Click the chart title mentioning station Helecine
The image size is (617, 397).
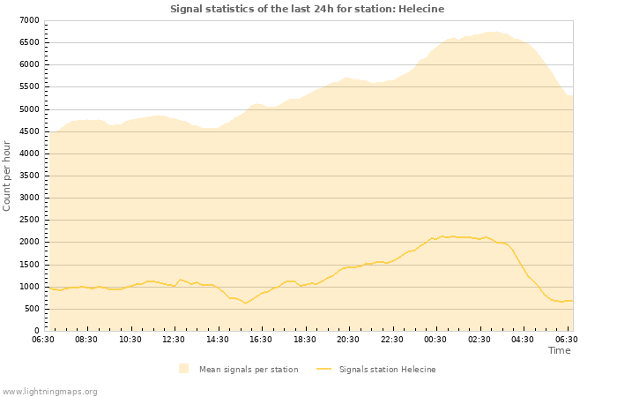click(307, 9)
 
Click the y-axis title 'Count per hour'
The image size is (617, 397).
click(8, 175)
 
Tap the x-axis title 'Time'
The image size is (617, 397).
click(559, 350)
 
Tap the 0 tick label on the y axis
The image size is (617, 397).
click(36, 331)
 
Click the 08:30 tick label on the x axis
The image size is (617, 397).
click(86, 339)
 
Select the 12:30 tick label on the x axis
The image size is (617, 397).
click(174, 339)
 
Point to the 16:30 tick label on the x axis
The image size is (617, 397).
click(261, 339)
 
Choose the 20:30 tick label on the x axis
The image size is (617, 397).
click(348, 339)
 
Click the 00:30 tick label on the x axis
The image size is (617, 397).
click(435, 339)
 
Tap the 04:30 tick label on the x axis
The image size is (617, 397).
click(523, 339)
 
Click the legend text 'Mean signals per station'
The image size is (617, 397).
click(249, 370)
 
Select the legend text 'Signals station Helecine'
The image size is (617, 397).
click(387, 370)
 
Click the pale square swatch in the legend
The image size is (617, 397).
click(183, 369)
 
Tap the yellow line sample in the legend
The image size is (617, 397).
click(323, 370)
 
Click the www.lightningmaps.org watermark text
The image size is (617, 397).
click(49, 392)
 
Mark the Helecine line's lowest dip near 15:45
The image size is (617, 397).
click(246, 303)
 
